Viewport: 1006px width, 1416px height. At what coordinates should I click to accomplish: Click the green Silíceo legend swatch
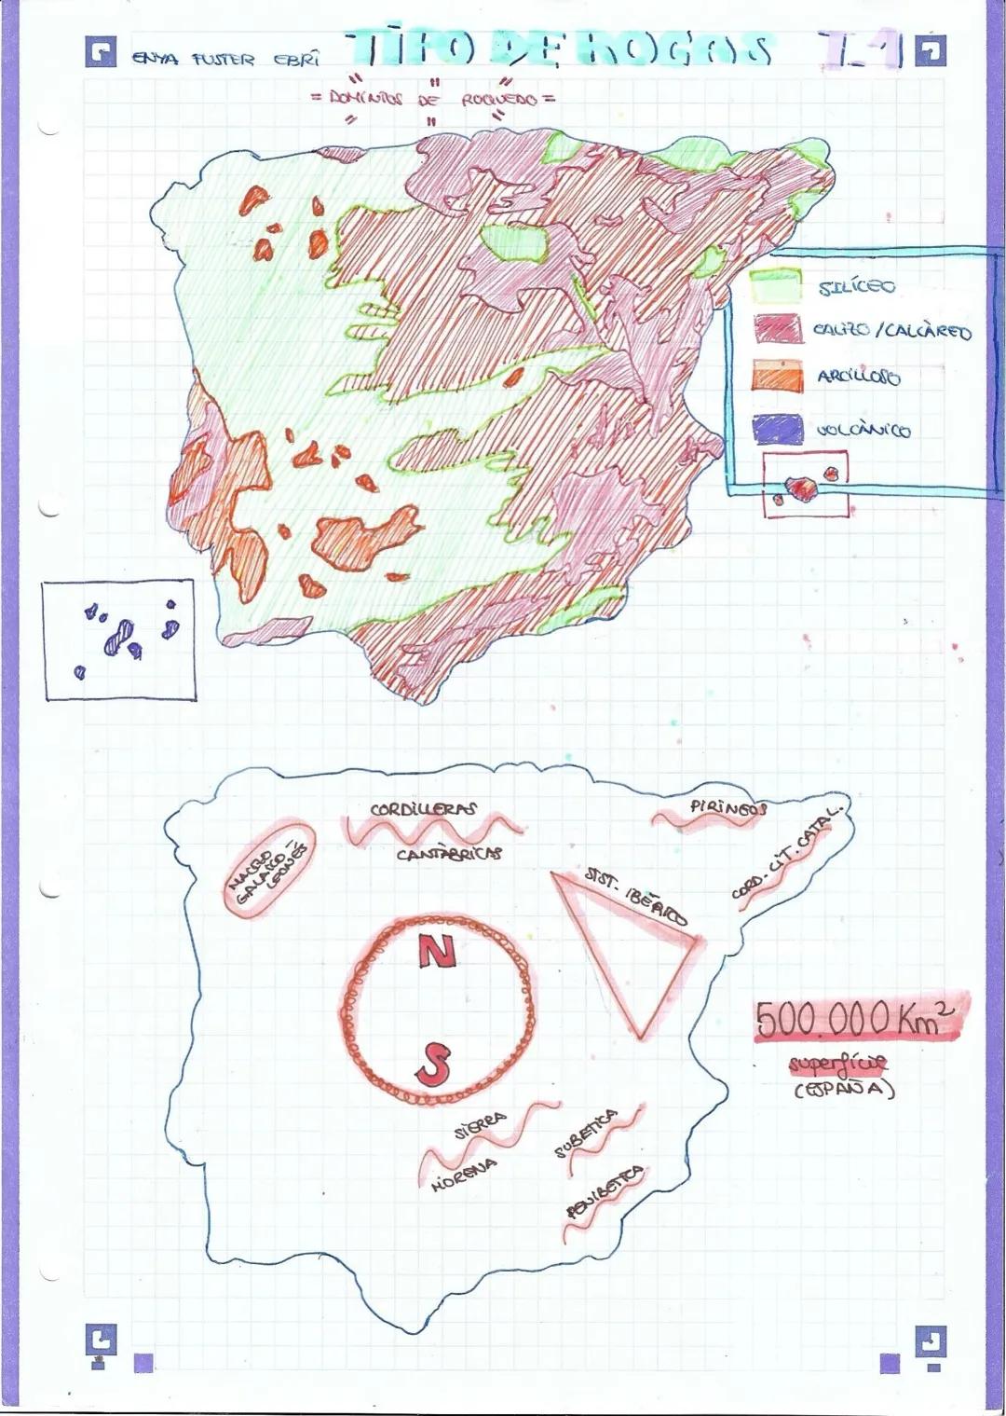(x=776, y=285)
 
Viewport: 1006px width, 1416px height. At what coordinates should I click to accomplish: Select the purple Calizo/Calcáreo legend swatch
(x=776, y=330)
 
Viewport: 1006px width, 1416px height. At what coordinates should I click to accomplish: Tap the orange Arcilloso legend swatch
(x=776, y=376)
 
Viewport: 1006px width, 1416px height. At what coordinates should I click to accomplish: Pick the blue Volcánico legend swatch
(x=776, y=428)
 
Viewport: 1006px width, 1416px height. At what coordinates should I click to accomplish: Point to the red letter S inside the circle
(x=432, y=1063)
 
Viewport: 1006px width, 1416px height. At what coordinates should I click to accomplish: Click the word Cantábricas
(x=449, y=853)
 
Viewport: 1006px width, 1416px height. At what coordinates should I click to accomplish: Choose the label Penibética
(x=605, y=1192)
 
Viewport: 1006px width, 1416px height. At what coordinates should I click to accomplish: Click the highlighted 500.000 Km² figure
(x=857, y=1018)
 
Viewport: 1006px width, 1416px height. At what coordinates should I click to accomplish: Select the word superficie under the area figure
(x=837, y=1064)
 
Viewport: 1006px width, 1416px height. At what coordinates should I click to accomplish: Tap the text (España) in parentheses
(x=844, y=1089)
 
